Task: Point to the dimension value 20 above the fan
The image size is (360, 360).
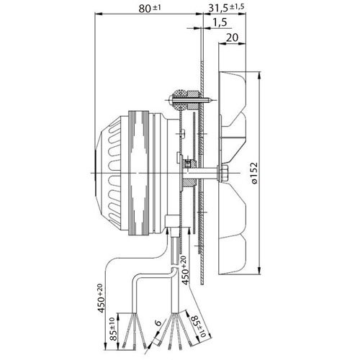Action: [231, 38]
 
